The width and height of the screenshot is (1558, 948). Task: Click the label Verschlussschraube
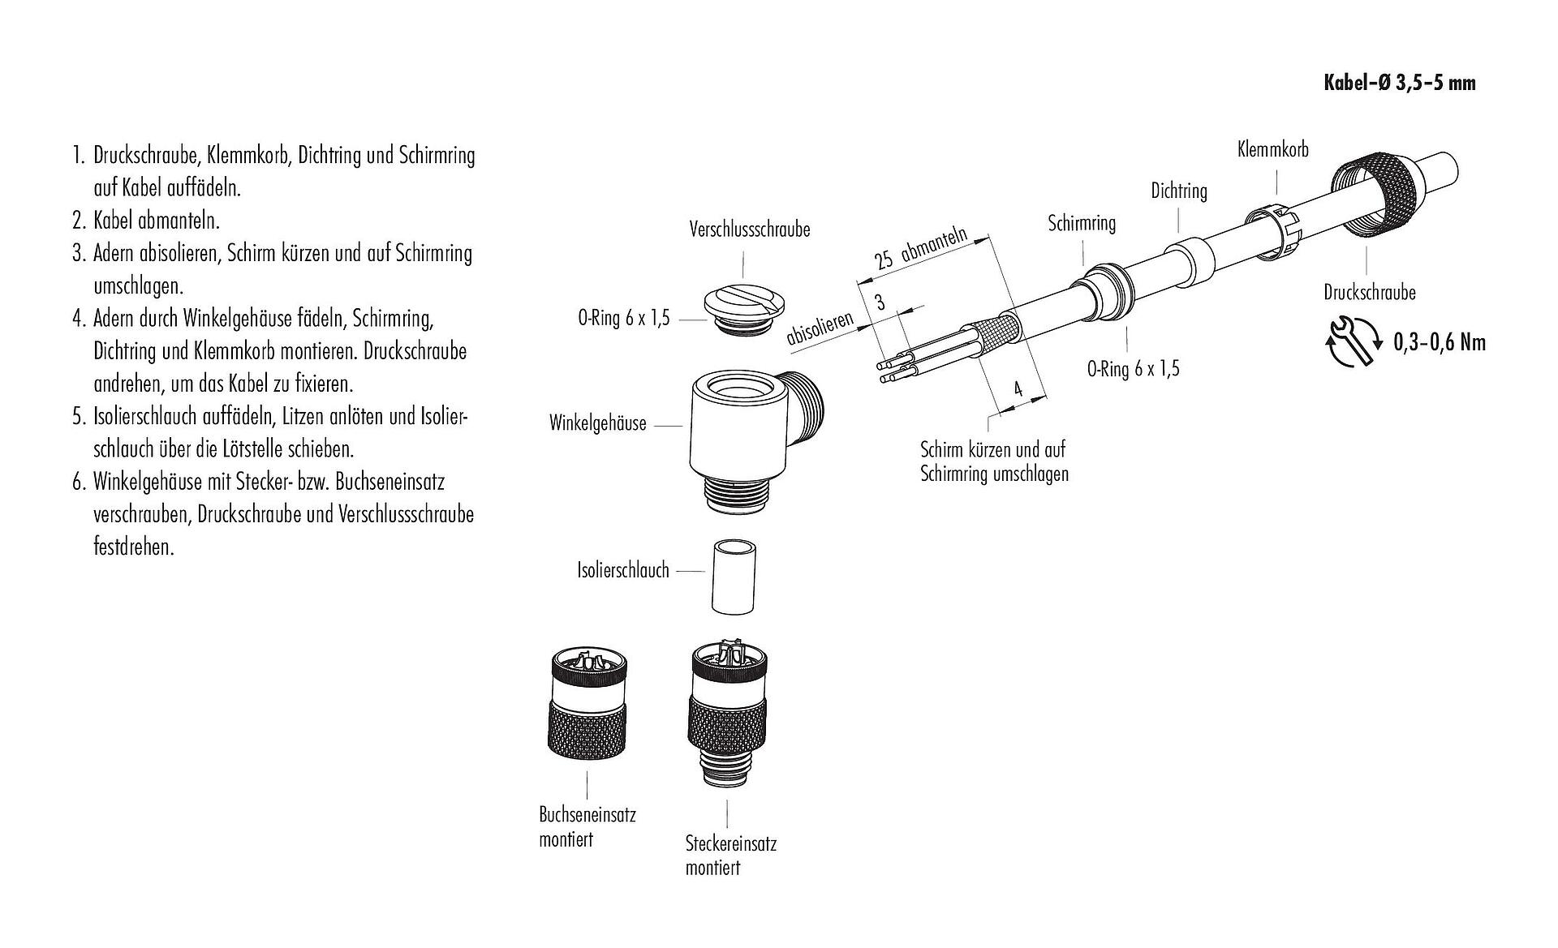tap(749, 229)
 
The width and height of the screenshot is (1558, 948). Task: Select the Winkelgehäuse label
tap(597, 423)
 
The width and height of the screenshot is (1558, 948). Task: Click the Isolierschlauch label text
tap(623, 570)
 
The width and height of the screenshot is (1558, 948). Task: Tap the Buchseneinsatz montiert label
tap(587, 826)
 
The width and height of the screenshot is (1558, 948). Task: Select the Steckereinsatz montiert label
tap(730, 856)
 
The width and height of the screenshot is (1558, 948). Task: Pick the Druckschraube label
tap(1369, 292)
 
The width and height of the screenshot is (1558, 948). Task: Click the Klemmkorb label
tap(1272, 149)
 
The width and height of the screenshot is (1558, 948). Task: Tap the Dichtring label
tap(1178, 191)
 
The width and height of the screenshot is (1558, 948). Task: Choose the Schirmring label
tap(1081, 223)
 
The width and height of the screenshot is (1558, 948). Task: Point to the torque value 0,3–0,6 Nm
tap(1439, 342)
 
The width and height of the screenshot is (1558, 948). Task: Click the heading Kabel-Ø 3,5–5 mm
tap(1399, 83)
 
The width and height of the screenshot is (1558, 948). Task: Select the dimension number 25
tap(884, 260)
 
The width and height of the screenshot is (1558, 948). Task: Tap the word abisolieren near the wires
tap(820, 328)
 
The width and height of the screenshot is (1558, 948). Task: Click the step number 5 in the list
tap(79, 417)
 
